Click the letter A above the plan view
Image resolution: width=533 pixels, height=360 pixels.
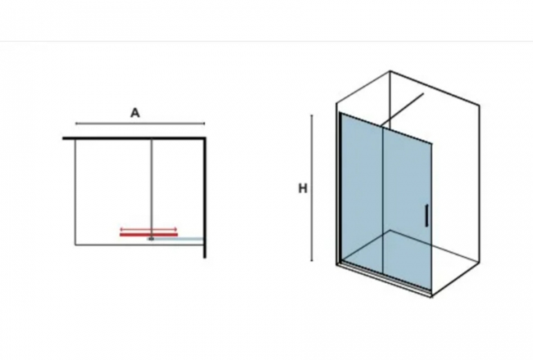pos(135,113)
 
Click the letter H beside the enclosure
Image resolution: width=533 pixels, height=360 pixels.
pos(302,188)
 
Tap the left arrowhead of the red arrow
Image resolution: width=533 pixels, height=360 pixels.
pos(122,229)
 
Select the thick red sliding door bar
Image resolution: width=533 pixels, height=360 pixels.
pos(149,235)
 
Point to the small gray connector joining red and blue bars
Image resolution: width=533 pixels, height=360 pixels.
pos(152,239)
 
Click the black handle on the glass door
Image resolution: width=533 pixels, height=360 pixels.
pos(426,215)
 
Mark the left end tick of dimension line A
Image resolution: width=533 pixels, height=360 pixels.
pos(76,123)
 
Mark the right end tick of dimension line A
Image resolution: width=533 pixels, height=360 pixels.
pos(204,123)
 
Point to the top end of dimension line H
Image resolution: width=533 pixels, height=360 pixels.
pos(312,115)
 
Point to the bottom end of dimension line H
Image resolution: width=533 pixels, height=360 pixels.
pos(312,261)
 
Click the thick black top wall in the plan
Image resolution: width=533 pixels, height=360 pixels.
pos(134,138)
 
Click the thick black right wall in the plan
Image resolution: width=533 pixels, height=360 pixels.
pos(205,197)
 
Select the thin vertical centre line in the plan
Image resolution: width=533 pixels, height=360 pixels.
pos(152,188)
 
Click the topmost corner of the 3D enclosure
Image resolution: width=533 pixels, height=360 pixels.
pos(390,71)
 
